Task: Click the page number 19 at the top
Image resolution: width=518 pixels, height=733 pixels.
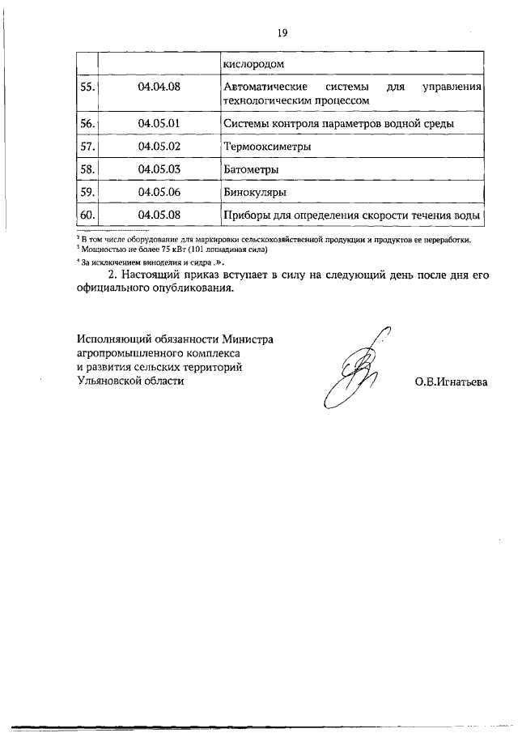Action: point(282,33)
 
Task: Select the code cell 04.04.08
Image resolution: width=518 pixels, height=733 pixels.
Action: point(159,86)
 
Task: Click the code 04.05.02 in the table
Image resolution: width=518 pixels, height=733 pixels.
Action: point(159,147)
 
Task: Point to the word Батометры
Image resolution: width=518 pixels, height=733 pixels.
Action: point(251,169)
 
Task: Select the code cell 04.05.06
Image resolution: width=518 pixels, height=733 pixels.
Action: point(159,192)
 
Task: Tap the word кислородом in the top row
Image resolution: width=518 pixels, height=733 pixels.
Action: point(253,62)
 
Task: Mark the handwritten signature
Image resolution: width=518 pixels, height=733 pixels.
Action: point(356,364)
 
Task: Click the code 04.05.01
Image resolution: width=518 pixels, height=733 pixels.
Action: point(159,124)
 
